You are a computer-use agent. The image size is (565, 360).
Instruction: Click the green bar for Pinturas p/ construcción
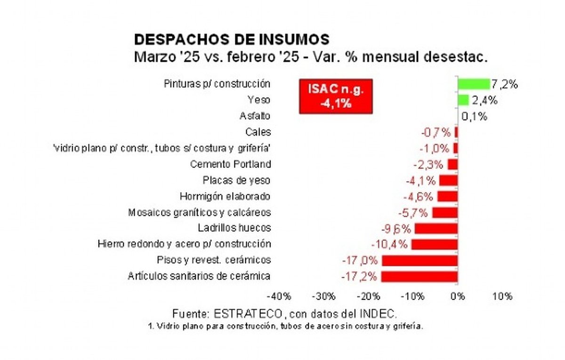(x=474, y=84)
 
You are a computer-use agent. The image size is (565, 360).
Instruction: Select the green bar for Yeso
(x=463, y=100)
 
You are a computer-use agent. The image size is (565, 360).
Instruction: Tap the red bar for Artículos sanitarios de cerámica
(x=420, y=277)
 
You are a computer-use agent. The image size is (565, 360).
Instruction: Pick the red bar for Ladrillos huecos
(x=436, y=229)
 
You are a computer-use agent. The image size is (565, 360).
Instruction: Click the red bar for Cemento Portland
(x=453, y=164)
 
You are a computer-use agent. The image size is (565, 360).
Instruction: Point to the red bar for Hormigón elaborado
(x=448, y=196)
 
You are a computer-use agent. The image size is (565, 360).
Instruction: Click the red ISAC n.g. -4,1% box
(x=336, y=96)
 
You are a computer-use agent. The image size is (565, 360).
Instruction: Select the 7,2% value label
(x=504, y=84)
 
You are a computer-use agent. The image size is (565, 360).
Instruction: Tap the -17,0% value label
(x=360, y=260)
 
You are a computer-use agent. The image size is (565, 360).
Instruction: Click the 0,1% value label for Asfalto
(x=474, y=117)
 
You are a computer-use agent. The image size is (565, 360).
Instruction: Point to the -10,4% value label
(x=389, y=244)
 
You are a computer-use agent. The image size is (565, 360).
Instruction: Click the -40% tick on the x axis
(x=279, y=296)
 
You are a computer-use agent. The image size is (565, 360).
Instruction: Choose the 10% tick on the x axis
(x=502, y=296)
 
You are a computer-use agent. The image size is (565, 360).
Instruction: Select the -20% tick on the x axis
(x=368, y=296)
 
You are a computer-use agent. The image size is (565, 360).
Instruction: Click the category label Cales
(x=258, y=132)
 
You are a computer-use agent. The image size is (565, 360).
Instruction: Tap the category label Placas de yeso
(x=236, y=181)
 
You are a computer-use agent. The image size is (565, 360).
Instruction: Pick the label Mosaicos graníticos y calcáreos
(x=199, y=213)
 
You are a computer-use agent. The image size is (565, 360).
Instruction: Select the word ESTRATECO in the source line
(x=248, y=314)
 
